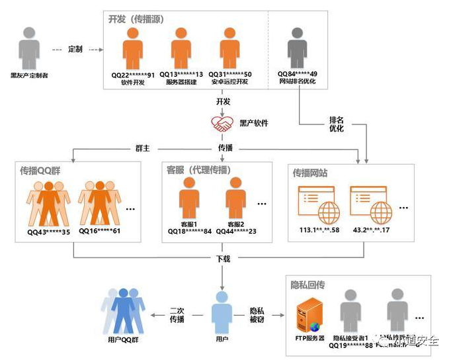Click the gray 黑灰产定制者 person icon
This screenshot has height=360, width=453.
point(29,48)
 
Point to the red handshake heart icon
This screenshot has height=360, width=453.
point(222,124)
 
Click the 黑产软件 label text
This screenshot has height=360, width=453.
point(254,124)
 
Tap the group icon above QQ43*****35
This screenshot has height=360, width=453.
point(47,200)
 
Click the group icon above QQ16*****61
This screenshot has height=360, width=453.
point(99,200)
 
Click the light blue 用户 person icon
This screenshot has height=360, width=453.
point(222,312)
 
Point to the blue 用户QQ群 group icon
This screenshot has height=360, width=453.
point(124,310)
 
